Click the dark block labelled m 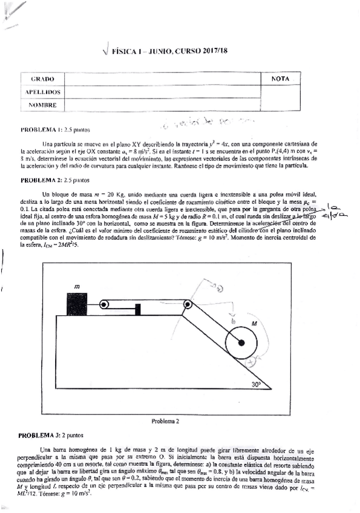[77, 304]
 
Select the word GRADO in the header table [42, 79]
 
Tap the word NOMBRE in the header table [42, 105]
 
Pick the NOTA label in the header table [281, 79]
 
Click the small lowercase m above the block [76, 286]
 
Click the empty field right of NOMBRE [163, 105]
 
